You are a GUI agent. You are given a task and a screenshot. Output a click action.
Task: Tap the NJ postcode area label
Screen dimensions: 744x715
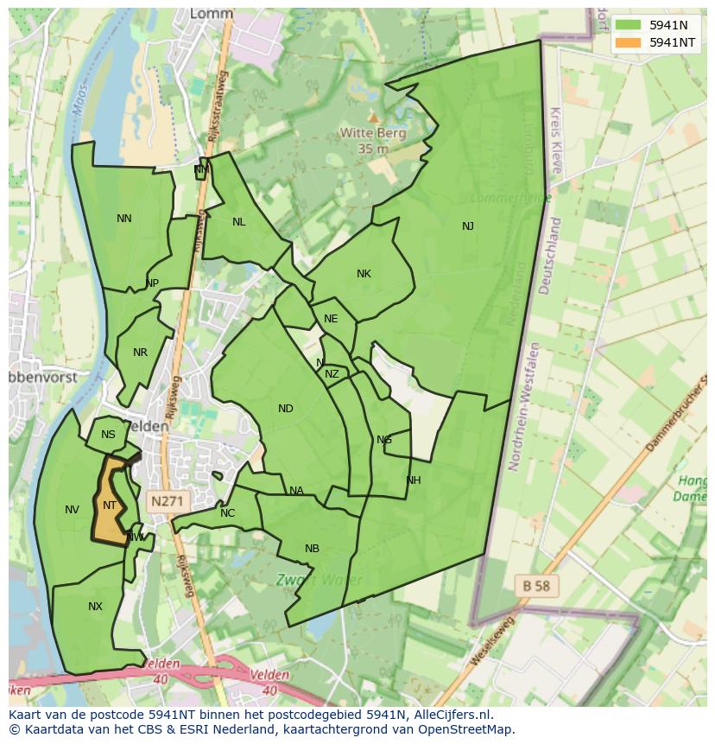pyautogui.click(x=468, y=226)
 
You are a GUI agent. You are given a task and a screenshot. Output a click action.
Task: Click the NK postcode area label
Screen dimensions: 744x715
pyautogui.click(x=364, y=274)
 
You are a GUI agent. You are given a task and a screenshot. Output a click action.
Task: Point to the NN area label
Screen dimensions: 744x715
pyautogui.click(x=124, y=219)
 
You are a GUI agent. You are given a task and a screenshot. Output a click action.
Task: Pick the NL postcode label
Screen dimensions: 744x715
pyautogui.click(x=239, y=222)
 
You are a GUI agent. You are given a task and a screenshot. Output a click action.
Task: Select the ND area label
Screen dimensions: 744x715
pyautogui.click(x=286, y=409)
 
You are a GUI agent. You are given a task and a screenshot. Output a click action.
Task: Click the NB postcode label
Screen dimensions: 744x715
pyautogui.click(x=312, y=549)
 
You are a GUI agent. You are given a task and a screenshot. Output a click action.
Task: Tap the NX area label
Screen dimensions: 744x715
pyautogui.click(x=95, y=607)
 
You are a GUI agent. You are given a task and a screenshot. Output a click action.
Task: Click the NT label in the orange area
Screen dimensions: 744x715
pyautogui.click(x=110, y=506)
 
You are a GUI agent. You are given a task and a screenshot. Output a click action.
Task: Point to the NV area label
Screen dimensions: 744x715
pyautogui.click(x=72, y=510)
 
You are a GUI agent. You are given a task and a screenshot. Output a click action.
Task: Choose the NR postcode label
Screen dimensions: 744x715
pyautogui.click(x=141, y=353)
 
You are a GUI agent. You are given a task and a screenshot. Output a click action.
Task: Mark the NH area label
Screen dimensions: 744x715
pyautogui.click(x=414, y=480)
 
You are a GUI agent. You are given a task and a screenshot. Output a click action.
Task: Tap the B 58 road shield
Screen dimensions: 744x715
pyautogui.click(x=535, y=585)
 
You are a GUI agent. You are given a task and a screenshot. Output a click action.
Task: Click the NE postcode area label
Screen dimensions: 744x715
pyautogui.click(x=331, y=319)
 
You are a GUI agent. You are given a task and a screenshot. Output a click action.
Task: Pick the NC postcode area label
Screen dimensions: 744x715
pyautogui.click(x=227, y=513)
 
